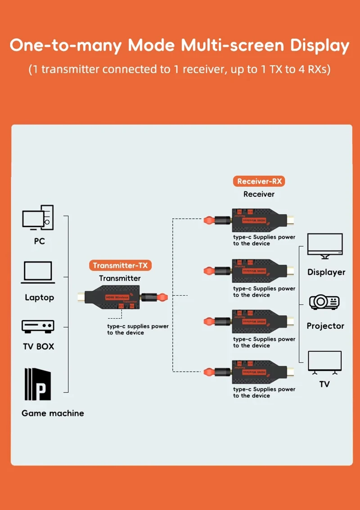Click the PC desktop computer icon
pyautogui.click(x=38, y=217)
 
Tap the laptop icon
pyautogui.click(x=38, y=273)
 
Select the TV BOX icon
pyautogui.click(x=38, y=326)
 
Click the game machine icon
pyautogui.click(x=38, y=384)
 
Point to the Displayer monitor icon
pyautogui.click(x=324, y=246)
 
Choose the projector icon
pyautogui.click(x=324, y=302)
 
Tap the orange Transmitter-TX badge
pyautogui.click(x=120, y=266)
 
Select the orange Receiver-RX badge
pyautogui.click(x=259, y=181)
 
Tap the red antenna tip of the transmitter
pyautogui.click(x=163, y=297)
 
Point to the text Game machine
pyautogui.click(x=53, y=413)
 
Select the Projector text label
pyautogui.click(x=325, y=326)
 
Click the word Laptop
pyautogui.click(x=39, y=298)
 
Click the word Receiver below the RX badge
pyautogui.click(x=259, y=194)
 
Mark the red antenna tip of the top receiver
pyautogui.click(x=208, y=220)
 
